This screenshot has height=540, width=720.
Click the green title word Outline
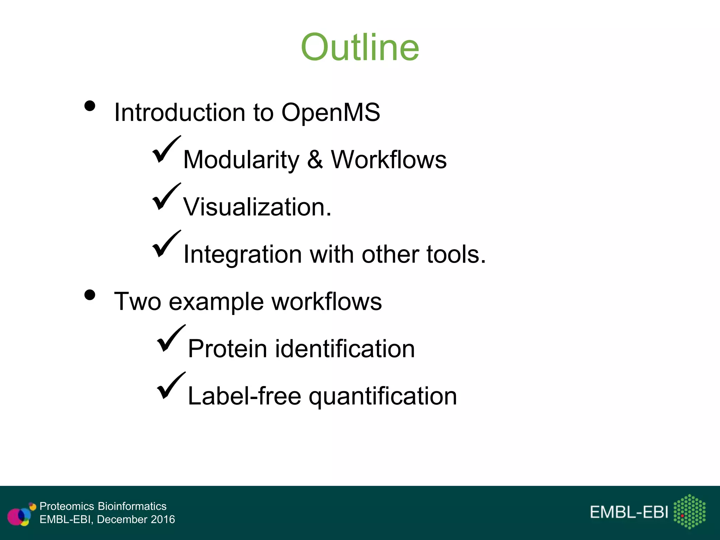360,47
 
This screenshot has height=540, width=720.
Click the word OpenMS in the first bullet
330,112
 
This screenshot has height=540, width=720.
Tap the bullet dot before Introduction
90,106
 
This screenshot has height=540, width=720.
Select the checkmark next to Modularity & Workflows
166,150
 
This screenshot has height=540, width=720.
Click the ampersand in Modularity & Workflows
315,160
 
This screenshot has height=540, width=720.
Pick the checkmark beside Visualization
166,197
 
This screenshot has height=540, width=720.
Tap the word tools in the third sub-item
456,254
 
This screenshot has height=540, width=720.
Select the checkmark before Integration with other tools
166,245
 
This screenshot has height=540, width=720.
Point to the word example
216,302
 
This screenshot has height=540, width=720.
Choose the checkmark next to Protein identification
171,339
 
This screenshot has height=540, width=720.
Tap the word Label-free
244,396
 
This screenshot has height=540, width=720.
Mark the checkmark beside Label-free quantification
171,386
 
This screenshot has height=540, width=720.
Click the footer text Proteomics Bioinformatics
103,506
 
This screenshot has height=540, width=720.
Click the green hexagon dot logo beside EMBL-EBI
689,512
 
